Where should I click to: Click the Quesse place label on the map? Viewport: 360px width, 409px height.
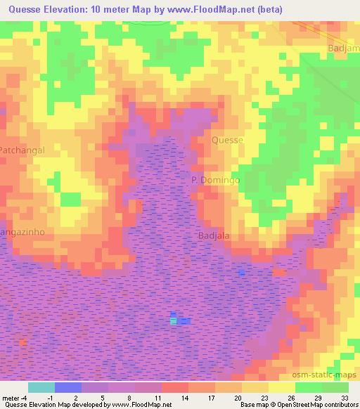point(227,140)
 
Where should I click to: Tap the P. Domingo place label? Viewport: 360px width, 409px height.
point(216,181)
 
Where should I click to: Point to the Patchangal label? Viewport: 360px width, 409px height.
point(22,150)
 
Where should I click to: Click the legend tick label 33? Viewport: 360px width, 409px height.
point(345,398)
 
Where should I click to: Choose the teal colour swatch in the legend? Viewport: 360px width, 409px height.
point(41,387)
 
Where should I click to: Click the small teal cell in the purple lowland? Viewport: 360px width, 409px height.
point(173,320)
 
